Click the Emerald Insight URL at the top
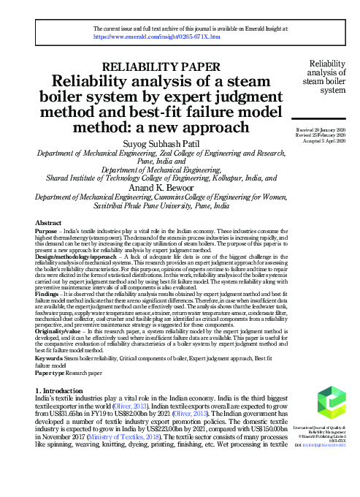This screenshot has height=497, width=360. pyautogui.click(x=157, y=35)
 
